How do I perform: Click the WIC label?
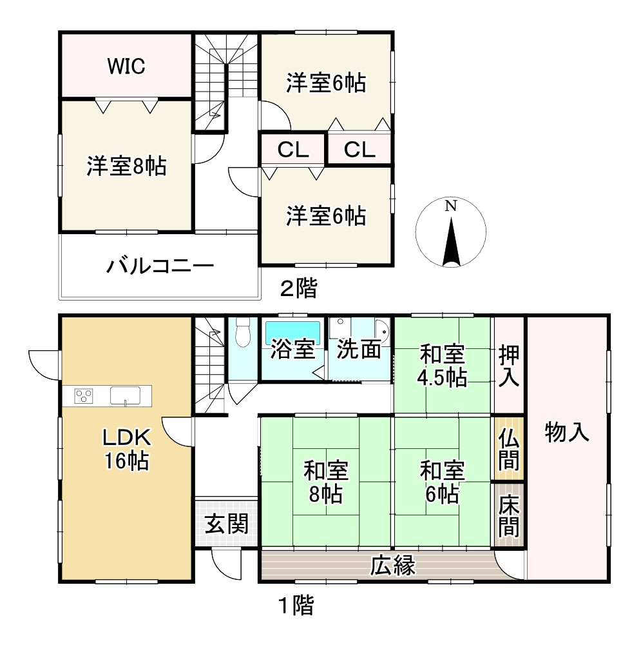126,66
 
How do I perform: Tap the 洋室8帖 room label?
126,166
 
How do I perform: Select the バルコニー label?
160,266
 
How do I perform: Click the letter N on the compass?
451,206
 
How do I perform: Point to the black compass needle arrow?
451,242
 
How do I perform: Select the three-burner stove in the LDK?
83,396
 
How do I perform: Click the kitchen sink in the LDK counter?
126,396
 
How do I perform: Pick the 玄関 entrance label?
226,524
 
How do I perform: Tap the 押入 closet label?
509,366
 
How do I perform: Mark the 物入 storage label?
567,432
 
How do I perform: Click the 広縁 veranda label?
393,565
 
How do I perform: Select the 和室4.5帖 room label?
442,366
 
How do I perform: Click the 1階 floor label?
296,605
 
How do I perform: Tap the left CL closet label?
293,150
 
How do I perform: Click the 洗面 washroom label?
359,349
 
